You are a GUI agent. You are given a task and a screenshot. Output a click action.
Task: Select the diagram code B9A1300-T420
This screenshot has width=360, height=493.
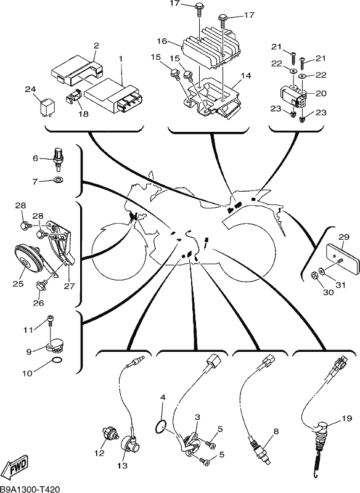click(30, 489)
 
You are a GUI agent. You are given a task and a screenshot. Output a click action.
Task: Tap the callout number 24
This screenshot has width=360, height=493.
click(30, 89)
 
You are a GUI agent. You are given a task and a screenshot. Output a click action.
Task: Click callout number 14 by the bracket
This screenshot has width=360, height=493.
click(246, 75)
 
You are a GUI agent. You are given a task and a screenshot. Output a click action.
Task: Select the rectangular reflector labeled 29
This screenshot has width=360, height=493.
click(342, 258)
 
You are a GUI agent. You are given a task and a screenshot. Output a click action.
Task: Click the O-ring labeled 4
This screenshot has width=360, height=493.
click(162, 427)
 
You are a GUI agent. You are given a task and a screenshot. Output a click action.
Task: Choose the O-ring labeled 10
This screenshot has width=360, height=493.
click(57, 361)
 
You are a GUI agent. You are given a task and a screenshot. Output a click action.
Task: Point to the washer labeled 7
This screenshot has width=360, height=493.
click(58, 180)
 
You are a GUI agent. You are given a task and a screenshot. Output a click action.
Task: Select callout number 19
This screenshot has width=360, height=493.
click(347, 418)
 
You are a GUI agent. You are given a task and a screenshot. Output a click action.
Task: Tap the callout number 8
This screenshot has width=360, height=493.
click(276, 432)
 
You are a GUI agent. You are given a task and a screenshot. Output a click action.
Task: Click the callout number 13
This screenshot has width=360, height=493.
click(122, 465)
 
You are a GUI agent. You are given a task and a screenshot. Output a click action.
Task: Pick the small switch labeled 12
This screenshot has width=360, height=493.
click(110, 436)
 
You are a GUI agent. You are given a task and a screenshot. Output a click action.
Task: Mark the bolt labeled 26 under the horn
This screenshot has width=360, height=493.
click(41, 285)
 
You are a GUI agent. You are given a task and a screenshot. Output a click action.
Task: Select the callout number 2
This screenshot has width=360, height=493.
click(96, 46)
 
